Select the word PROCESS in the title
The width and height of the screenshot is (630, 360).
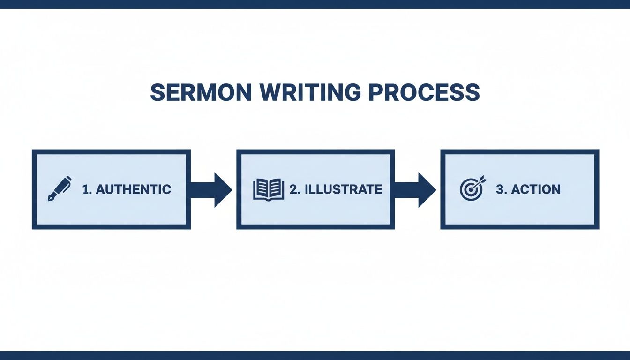(424, 92)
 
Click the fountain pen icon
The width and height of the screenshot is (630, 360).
(60, 188)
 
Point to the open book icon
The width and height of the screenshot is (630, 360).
(269, 189)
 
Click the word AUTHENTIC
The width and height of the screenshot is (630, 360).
(133, 189)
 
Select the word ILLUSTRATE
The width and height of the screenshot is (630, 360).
(343, 189)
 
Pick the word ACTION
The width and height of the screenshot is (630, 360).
(536, 189)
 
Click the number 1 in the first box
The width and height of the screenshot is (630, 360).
(85, 189)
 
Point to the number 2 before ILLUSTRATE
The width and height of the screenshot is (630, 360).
(293, 189)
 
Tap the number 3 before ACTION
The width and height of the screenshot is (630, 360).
(500, 189)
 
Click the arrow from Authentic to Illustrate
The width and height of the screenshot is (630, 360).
(212, 189)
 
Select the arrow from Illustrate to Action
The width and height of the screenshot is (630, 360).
(416, 189)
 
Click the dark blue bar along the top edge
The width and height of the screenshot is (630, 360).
(315, 4)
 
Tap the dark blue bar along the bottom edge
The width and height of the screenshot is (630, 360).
(315, 355)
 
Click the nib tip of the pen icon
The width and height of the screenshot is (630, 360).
(49, 200)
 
